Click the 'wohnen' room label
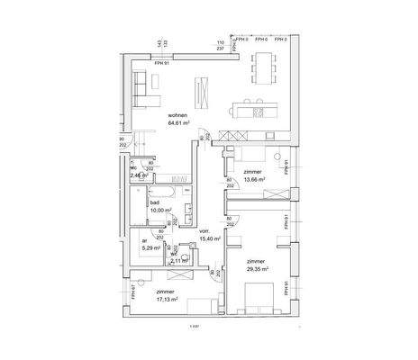coord(177,117)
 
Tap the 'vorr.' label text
coord(204,231)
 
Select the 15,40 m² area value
coord(209,239)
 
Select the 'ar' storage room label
coord(143,240)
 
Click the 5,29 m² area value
coord(150,248)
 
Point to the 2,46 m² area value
coord(139,176)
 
